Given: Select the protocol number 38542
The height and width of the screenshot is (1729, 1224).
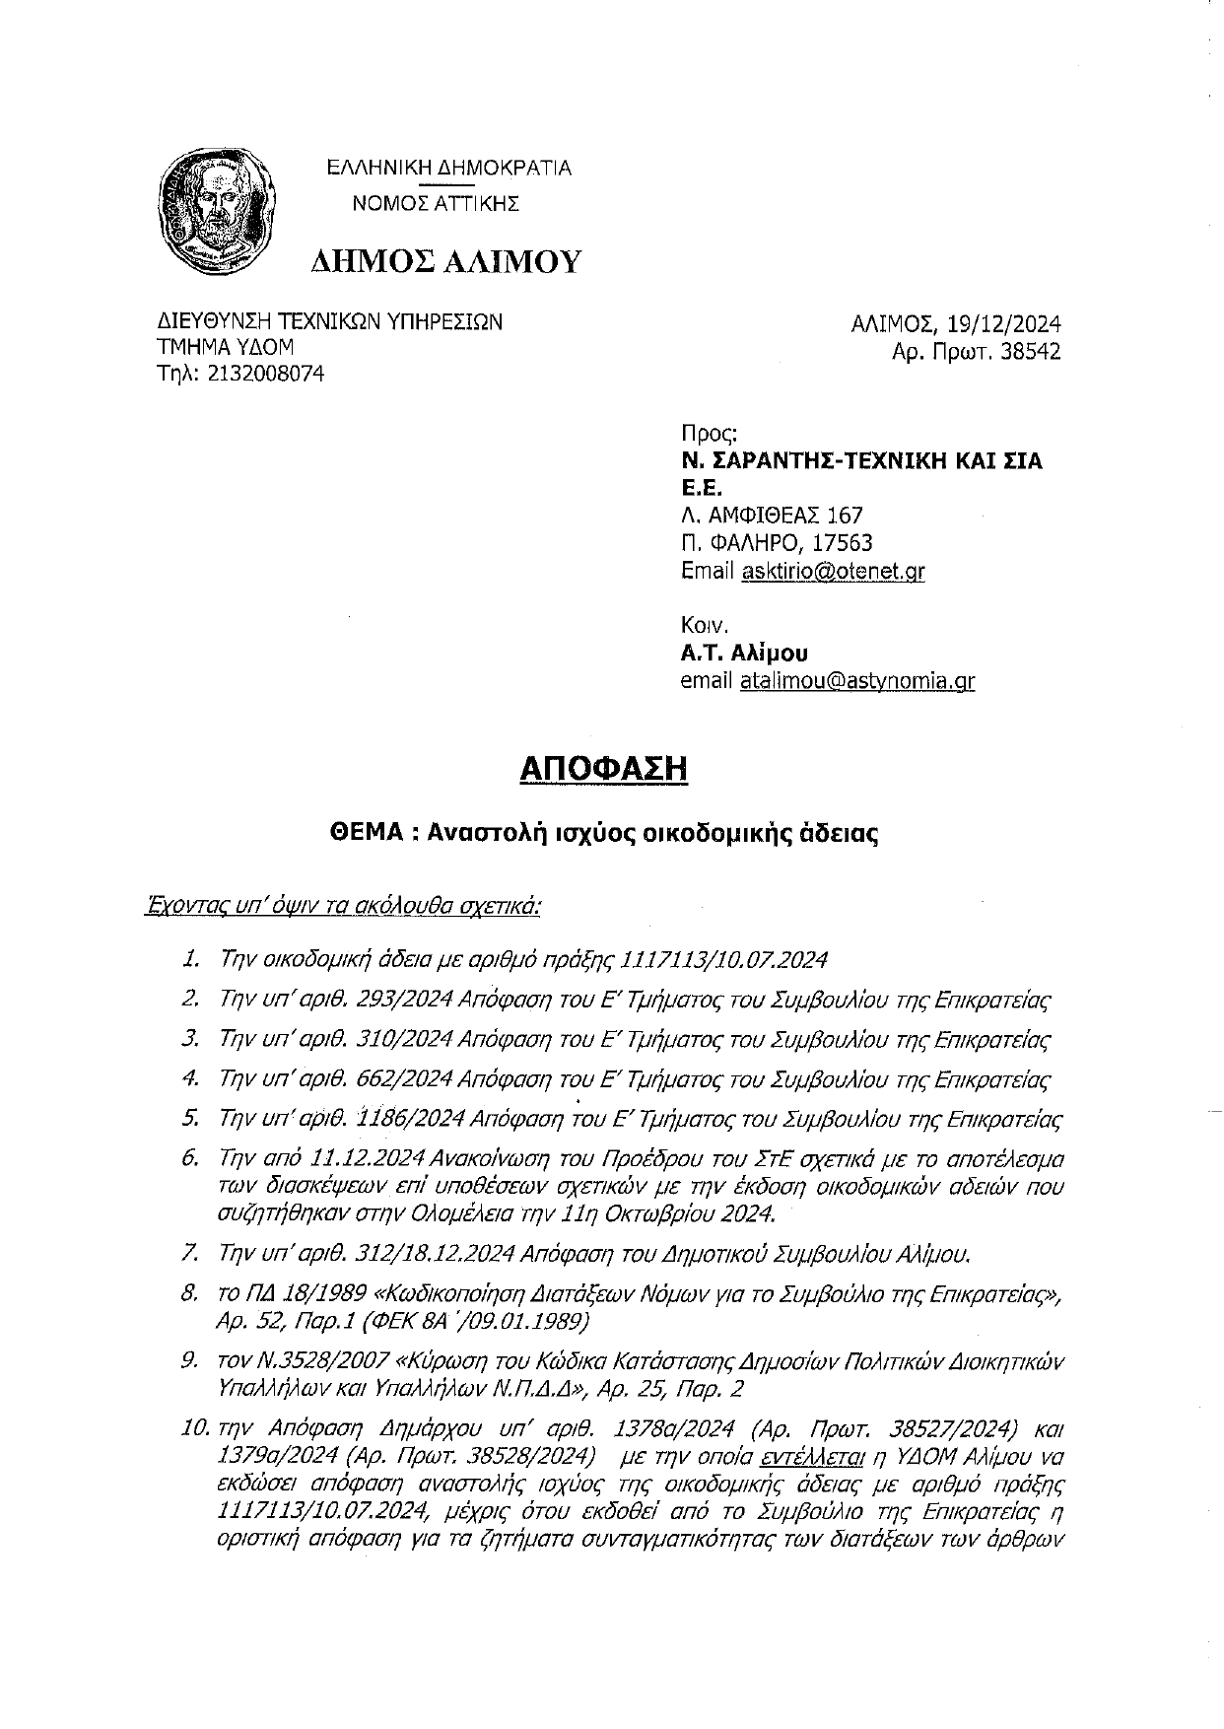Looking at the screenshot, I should click(x=1031, y=352).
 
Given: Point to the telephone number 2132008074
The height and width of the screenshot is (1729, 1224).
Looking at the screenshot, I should click(x=265, y=374).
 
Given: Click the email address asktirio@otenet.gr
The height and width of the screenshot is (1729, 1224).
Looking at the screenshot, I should click(x=833, y=571).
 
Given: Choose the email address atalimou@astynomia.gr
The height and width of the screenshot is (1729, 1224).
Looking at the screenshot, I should click(x=856, y=680).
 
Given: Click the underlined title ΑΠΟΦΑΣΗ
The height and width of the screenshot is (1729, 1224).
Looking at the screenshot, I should click(x=602, y=768).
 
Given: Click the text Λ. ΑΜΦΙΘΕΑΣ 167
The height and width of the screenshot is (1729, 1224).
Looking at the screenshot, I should click(x=772, y=515).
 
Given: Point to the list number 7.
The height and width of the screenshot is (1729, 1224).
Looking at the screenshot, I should click(x=192, y=1254).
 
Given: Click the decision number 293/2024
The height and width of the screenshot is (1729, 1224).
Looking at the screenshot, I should click(x=403, y=1000).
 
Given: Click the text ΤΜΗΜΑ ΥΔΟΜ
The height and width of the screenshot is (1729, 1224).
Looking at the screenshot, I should click(x=225, y=347).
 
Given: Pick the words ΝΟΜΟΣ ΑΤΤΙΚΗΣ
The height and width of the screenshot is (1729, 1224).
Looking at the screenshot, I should click(x=436, y=204).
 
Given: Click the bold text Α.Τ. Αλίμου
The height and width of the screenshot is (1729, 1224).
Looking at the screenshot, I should click(x=744, y=653).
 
